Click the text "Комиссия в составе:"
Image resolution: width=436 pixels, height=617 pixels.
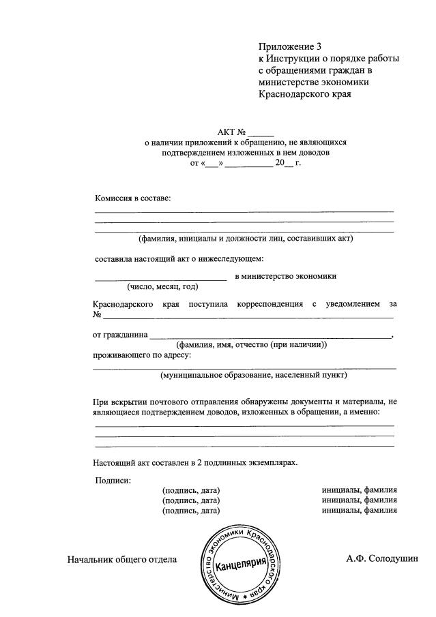pos(133,198)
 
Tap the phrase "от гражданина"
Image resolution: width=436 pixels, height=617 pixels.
pos(119,335)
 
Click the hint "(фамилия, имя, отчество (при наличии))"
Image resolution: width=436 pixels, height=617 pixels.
pos(252,344)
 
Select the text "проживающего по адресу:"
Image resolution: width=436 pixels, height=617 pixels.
pos(142,355)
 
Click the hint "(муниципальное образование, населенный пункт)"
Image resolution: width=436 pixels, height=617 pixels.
pos(254,375)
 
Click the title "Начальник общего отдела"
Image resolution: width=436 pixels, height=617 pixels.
pos(122,560)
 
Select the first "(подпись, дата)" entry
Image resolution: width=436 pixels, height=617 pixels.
pos(191,490)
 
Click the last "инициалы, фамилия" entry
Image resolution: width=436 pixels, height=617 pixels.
pos(360,509)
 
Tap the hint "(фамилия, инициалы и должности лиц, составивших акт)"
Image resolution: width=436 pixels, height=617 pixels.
pos(245,239)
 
